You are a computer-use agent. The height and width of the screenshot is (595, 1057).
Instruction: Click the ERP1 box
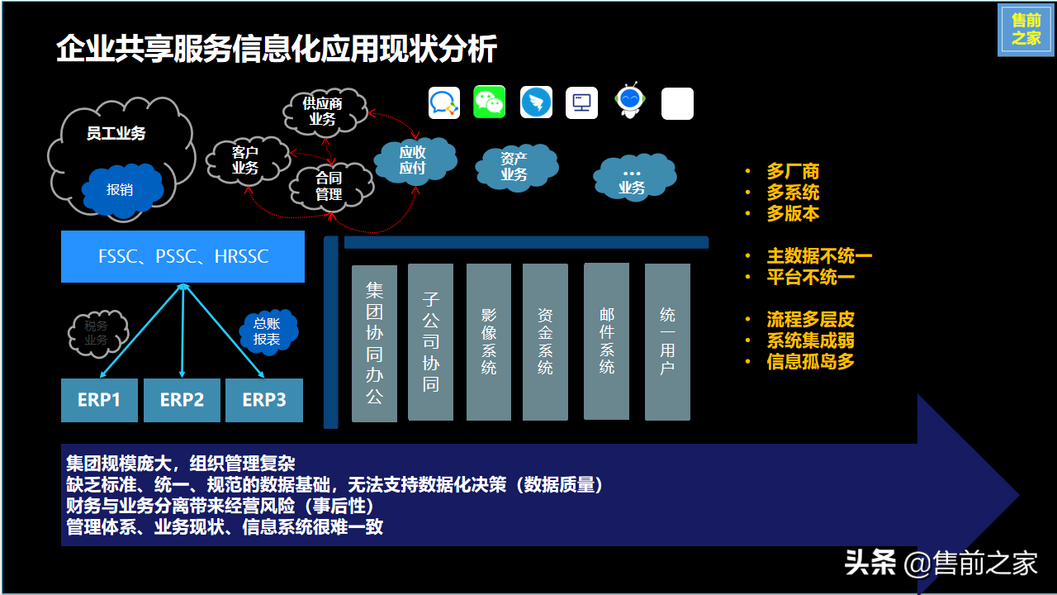pyautogui.click(x=99, y=401)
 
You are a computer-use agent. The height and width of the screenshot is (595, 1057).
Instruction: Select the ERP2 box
pyautogui.click(x=182, y=401)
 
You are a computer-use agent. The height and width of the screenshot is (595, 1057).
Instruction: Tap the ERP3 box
pyautogui.click(x=264, y=401)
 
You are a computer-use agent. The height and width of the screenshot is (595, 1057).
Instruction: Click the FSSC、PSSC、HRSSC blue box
pyautogui.click(x=182, y=257)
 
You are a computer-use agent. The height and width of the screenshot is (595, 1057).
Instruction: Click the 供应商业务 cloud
pyautogui.click(x=323, y=112)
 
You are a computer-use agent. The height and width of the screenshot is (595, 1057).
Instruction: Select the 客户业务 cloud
pyautogui.click(x=246, y=160)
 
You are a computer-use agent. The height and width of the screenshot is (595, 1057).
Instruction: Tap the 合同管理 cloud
pyautogui.click(x=329, y=186)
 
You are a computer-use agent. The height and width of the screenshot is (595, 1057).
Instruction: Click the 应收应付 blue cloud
pyautogui.click(x=413, y=160)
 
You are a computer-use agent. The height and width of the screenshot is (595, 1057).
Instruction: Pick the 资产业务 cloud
pyautogui.click(x=514, y=167)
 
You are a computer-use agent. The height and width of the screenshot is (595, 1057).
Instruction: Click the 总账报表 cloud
pyautogui.click(x=267, y=331)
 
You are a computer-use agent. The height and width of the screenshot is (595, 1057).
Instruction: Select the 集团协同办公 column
pyautogui.click(x=374, y=343)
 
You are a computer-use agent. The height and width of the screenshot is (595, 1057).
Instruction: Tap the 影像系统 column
pyautogui.click(x=489, y=342)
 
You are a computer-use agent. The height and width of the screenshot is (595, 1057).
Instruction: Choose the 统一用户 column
pyautogui.click(x=667, y=341)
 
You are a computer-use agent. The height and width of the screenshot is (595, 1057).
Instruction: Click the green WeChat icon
pyautogui.click(x=489, y=102)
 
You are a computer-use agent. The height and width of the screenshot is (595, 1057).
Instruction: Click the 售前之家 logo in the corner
pyautogui.click(x=1026, y=31)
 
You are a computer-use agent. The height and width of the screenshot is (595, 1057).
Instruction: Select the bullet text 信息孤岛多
pyautogui.click(x=809, y=361)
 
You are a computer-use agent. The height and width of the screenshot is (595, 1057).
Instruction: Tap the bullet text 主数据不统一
pyautogui.click(x=818, y=256)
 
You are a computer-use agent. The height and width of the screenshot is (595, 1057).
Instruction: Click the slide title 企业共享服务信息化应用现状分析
pyautogui.click(x=277, y=50)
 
